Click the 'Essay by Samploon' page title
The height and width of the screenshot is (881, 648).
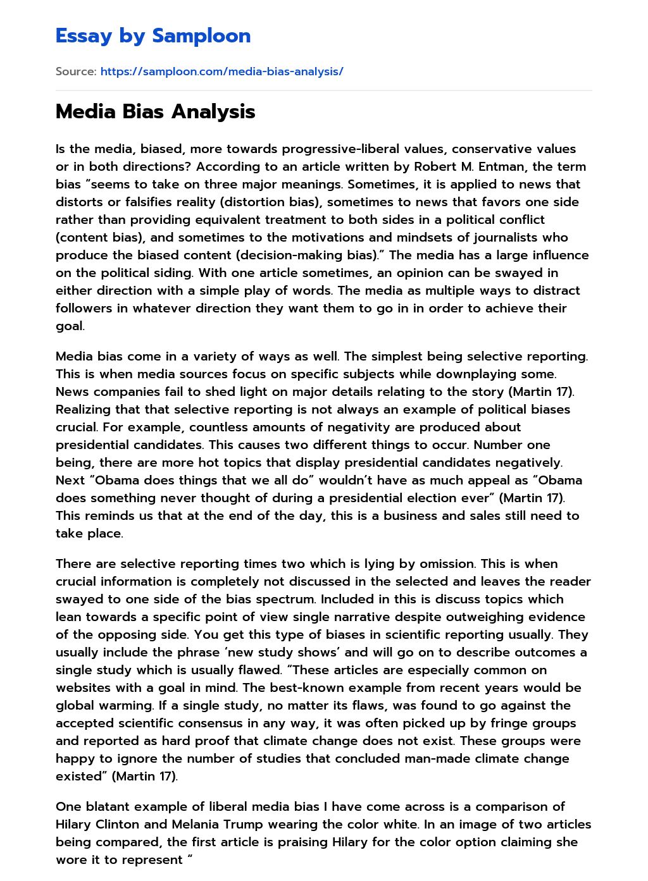(x=153, y=36)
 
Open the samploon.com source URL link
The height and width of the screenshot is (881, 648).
(x=221, y=71)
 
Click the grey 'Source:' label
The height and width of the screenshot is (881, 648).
(x=76, y=71)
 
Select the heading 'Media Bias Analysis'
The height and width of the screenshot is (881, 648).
(x=155, y=111)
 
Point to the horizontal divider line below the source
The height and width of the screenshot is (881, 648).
(x=324, y=90)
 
